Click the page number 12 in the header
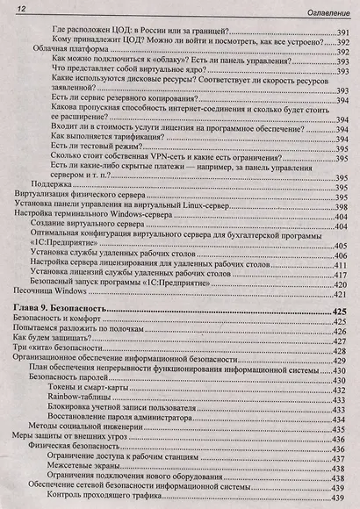click(x=18, y=9)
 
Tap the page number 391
click(x=342, y=29)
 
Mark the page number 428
click(x=343, y=348)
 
